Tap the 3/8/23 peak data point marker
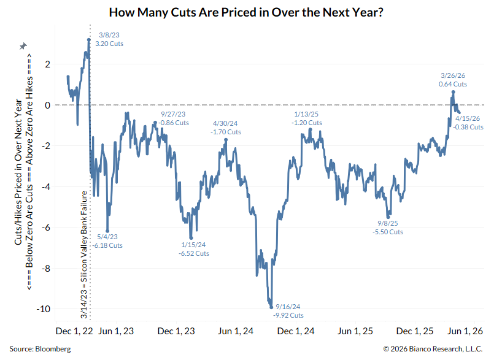(x=89, y=40)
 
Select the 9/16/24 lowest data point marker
(x=271, y=307)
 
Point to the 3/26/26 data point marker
(x=453, y=92)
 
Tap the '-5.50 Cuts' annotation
(x=388, y=232)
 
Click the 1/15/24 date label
(x=194, y=244)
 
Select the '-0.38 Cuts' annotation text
(x=469, y=127)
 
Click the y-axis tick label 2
(x=47, y=64)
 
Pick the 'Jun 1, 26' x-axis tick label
(x=465, y=331)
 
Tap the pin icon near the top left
(x=23, y=47)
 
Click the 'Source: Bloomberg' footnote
(x=40, y=348)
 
